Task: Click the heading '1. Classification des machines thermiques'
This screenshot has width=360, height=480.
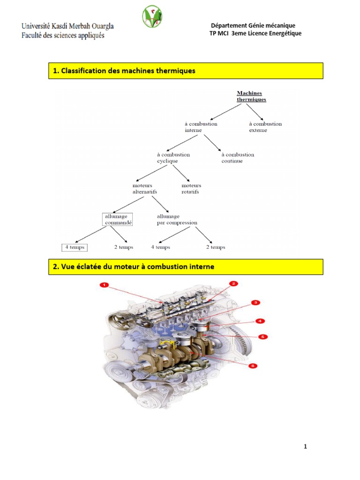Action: pyautogui.click(x=124, y=71)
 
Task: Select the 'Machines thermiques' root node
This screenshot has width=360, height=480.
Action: pyautogui.click(x=251, y=96)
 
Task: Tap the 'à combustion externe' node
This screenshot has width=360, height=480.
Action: pyautogui.click(x=265, y=127)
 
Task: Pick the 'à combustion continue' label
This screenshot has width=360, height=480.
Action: pyautogui.click(x=238, y=157)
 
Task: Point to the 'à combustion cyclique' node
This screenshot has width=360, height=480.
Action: pyautogui.click(x=173, y=157)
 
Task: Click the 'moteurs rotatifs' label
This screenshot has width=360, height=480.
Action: pyautogui.click(x=191, y=188)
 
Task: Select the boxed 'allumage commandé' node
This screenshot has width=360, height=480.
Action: pyautogui.click(x=117, y=219)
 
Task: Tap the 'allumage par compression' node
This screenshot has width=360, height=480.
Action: pyautogui.click(x=177, y=219)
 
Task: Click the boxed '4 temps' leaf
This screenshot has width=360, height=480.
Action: pyautogui.click(x=75, y=247)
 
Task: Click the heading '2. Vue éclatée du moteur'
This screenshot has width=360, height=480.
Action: pyautogui.click(x=134, y=267)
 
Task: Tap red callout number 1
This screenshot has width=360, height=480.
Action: pyautogui.click(x=104, y=285)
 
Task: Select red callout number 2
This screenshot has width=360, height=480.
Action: pyautogui.click(x=233, y=284)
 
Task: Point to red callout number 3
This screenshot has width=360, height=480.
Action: pyautogui.click(x=255, y=303)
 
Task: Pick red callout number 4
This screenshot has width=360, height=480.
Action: pyautogui.click(x=259, y=321)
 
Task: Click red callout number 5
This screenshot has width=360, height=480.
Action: pyautogui.click(x=263, y=337)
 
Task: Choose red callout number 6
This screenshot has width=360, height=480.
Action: pyautogui.click(x=253, y=366)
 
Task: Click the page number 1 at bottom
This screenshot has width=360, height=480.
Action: pyautogui.click(x=305, y=447)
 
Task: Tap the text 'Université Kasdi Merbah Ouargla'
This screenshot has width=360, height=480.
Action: pyautogui.click(x=67, y=26)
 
